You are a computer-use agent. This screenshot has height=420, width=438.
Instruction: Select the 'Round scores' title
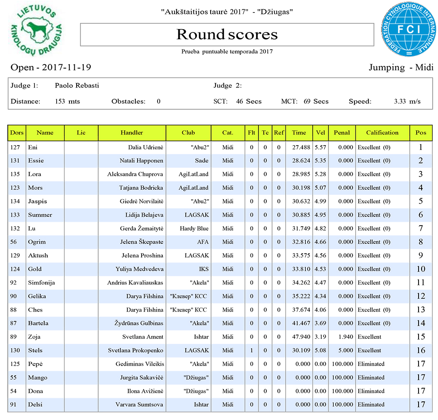point(227,35)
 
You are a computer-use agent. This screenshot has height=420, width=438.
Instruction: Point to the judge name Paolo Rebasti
point(77,85)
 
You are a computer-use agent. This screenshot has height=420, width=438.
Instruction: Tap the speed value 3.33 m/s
point(407,101)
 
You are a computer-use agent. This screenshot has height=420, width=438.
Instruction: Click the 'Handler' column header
point(132,132)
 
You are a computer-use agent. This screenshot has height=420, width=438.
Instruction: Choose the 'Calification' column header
point(382,132)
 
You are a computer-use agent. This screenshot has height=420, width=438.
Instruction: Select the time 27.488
point(299,147)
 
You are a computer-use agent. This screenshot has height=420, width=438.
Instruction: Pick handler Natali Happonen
point(141,161)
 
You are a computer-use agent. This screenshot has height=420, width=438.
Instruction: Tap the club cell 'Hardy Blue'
point(194,228)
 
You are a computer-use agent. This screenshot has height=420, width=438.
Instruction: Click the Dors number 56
point(14,242)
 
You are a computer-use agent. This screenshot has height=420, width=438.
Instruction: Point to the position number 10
point(421,269)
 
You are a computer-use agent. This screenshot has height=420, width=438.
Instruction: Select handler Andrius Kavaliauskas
point(135,283)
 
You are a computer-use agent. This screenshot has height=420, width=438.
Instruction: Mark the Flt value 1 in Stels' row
point(252,351)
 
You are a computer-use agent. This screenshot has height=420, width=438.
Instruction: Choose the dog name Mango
point(37,378)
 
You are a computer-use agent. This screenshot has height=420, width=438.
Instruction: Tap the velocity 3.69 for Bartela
point(320,323)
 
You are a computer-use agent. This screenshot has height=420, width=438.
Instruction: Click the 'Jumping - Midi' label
point(401,68)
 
